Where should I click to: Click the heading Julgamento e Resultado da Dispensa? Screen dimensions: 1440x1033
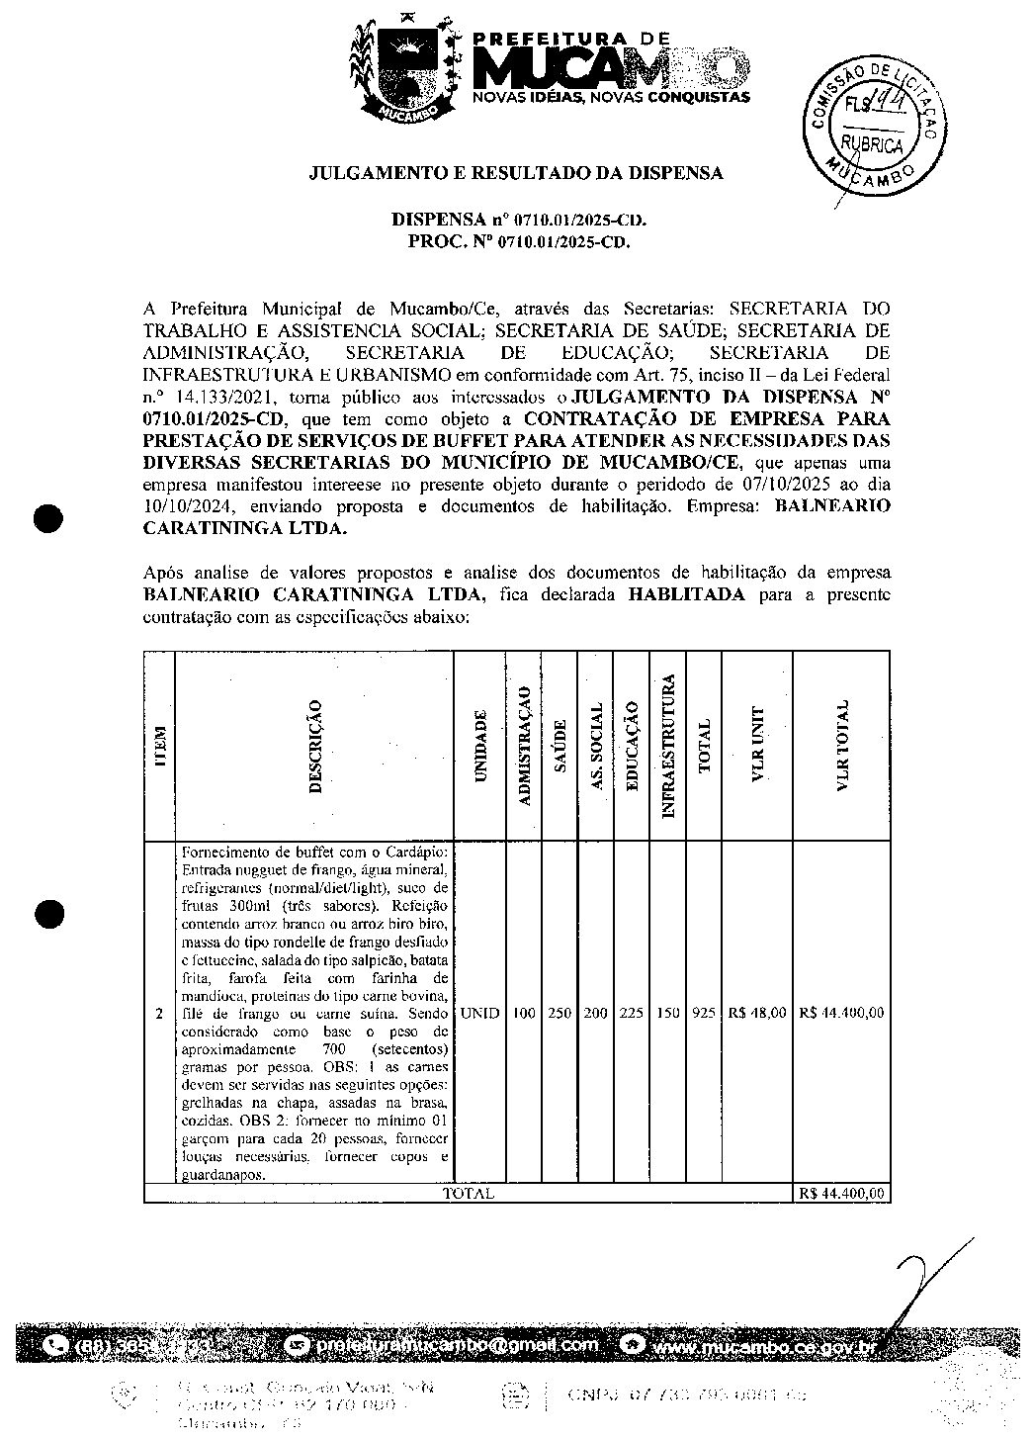pyautogui.click(x=516, y=173)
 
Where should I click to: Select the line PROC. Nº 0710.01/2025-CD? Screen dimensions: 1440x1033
pyautogui.click(x=518, y=239)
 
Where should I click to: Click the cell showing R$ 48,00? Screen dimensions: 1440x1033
pyautogui.click(x=757, y=1013)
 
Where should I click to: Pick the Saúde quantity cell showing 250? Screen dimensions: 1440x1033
pyautogui.click(x=560, y=1013)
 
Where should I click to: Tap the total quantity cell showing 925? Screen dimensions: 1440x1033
pyautogui.click(x=704, y=1013)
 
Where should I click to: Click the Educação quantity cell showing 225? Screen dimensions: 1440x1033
pyautogui.click(x=631, y=1013)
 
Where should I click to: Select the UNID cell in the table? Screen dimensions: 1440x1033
pyautogui.click(x=480, y=1013)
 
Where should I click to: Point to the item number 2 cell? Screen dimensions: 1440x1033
pyautogui.click(x=159, y=1014)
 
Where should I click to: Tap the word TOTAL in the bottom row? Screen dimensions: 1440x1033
pyautogui.click(x=469, y=1194)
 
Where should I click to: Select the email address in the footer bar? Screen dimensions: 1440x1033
pyautogui.click(x=457, y=1345)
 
